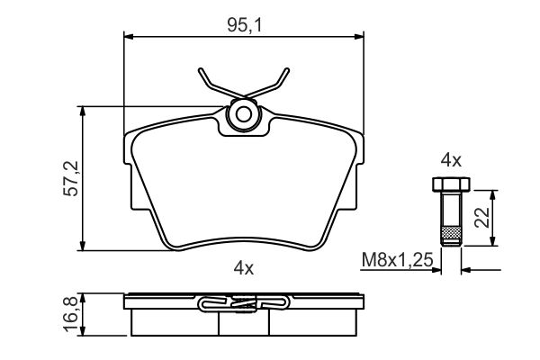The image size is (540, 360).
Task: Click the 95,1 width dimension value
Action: (244, 25)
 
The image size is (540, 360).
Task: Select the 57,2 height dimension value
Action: (71, 178)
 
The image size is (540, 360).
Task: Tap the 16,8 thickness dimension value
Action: (71, 314)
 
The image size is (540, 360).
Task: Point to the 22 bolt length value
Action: (481, 218)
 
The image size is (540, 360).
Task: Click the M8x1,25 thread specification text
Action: (397, 259)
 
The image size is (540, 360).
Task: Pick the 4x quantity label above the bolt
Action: (451, 160)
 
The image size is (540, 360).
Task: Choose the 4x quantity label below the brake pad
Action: (244, 267)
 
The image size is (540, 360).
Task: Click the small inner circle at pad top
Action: (244, 114)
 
